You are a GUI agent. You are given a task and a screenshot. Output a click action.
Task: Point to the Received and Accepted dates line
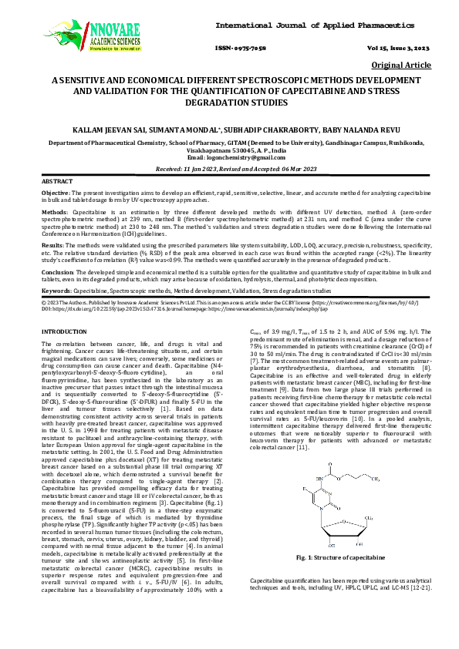point(229,167)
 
